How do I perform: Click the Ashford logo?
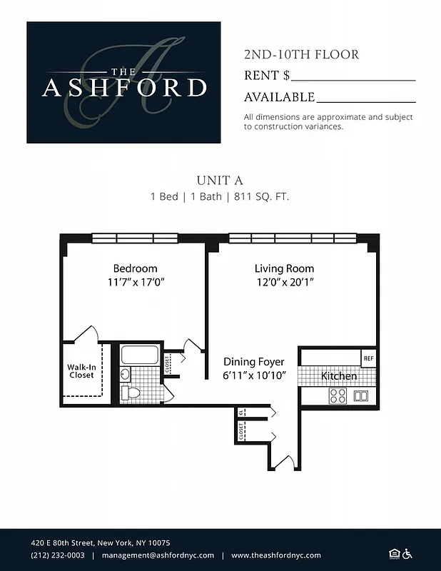(123, 82)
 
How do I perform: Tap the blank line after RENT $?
(353, 80)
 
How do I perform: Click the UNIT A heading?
(220, 181)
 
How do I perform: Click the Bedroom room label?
(135, 268)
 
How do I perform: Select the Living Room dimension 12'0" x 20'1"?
(284, 282)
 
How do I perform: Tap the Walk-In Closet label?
(81, 370)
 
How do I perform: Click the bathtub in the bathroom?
(141, 355)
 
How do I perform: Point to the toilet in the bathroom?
(130, 392)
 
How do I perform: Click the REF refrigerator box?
(368, 358)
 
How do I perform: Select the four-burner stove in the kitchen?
(338, 395)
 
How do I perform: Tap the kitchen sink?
(360, 395)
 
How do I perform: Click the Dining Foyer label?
(253, 362)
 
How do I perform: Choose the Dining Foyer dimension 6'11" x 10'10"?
(254, 375)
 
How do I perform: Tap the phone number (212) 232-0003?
(58, 555)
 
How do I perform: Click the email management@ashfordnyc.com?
(158, 555)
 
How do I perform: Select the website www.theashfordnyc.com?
(276, 555)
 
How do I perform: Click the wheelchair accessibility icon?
(408, 553)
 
